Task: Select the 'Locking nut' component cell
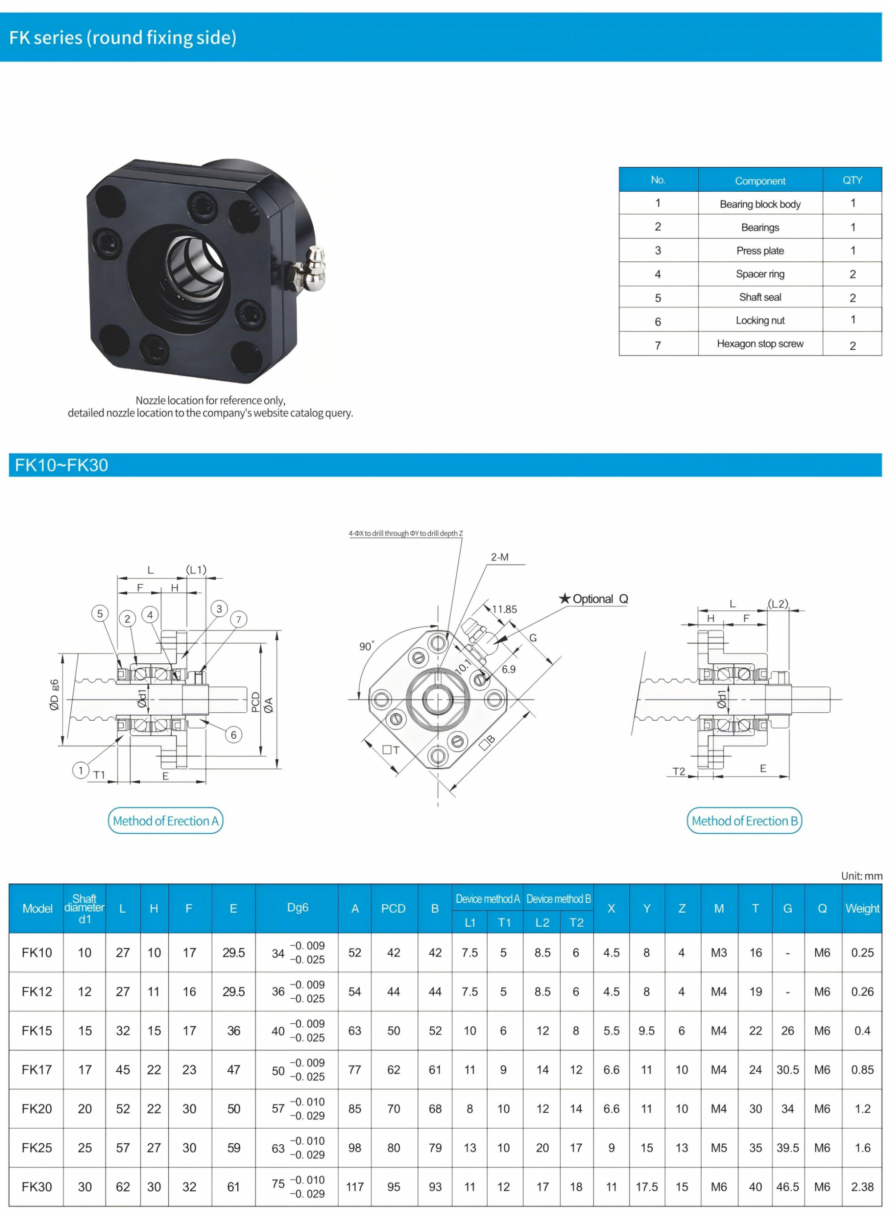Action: tap(760, 320)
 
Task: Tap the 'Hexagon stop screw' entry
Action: tap(760, 343)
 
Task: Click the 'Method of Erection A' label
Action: tap(166, 821)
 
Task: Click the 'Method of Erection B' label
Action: tap(744, 821)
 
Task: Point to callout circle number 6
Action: tap(233, 735)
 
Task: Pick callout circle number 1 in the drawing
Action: tap(81, 770)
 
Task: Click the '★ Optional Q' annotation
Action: tap(593, 599)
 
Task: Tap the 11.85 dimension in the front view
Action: tap(504, 609)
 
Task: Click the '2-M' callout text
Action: tap(499, 557)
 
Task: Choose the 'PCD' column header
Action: tap(393, 908)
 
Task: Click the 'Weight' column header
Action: tap(862, 908)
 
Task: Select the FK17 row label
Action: tap(36, 1070)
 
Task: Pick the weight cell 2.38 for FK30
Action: tap(862, 1187)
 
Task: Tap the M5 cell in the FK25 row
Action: tap(719, 1148)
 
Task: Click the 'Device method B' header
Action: tap(558, 899)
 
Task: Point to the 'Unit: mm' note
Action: tap(862, 876)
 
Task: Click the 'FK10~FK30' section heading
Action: tap(61, 465)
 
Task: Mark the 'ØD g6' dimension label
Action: tap(54, 695)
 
